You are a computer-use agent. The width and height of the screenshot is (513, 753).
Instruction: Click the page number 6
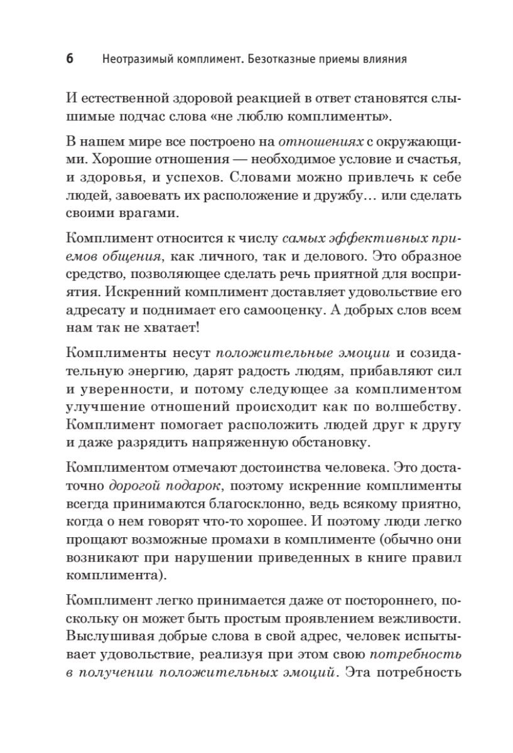[x=70, y=60]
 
